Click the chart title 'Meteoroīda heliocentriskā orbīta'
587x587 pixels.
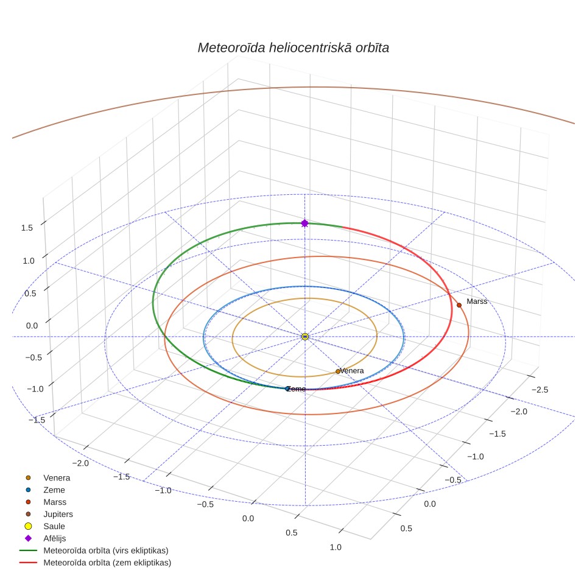[293, 48]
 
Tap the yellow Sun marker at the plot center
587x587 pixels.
[304, 337]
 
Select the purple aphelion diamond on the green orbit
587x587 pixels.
[304, 223]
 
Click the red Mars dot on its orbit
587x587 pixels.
[459, 305]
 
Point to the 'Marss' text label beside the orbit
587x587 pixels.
[477, 301]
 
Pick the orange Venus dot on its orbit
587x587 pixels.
[338, 371]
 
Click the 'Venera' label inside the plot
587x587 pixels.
[352, 371]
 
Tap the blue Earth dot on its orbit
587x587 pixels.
[287, 389]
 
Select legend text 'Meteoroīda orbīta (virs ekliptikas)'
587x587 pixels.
[106, 550]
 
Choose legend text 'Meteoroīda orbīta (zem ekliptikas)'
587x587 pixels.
[107, 563]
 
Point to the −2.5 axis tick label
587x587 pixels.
[540, 390]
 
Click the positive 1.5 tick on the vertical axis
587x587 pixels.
[27, 228]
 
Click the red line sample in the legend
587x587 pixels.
[28, 563]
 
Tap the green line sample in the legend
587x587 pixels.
[28, 550]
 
